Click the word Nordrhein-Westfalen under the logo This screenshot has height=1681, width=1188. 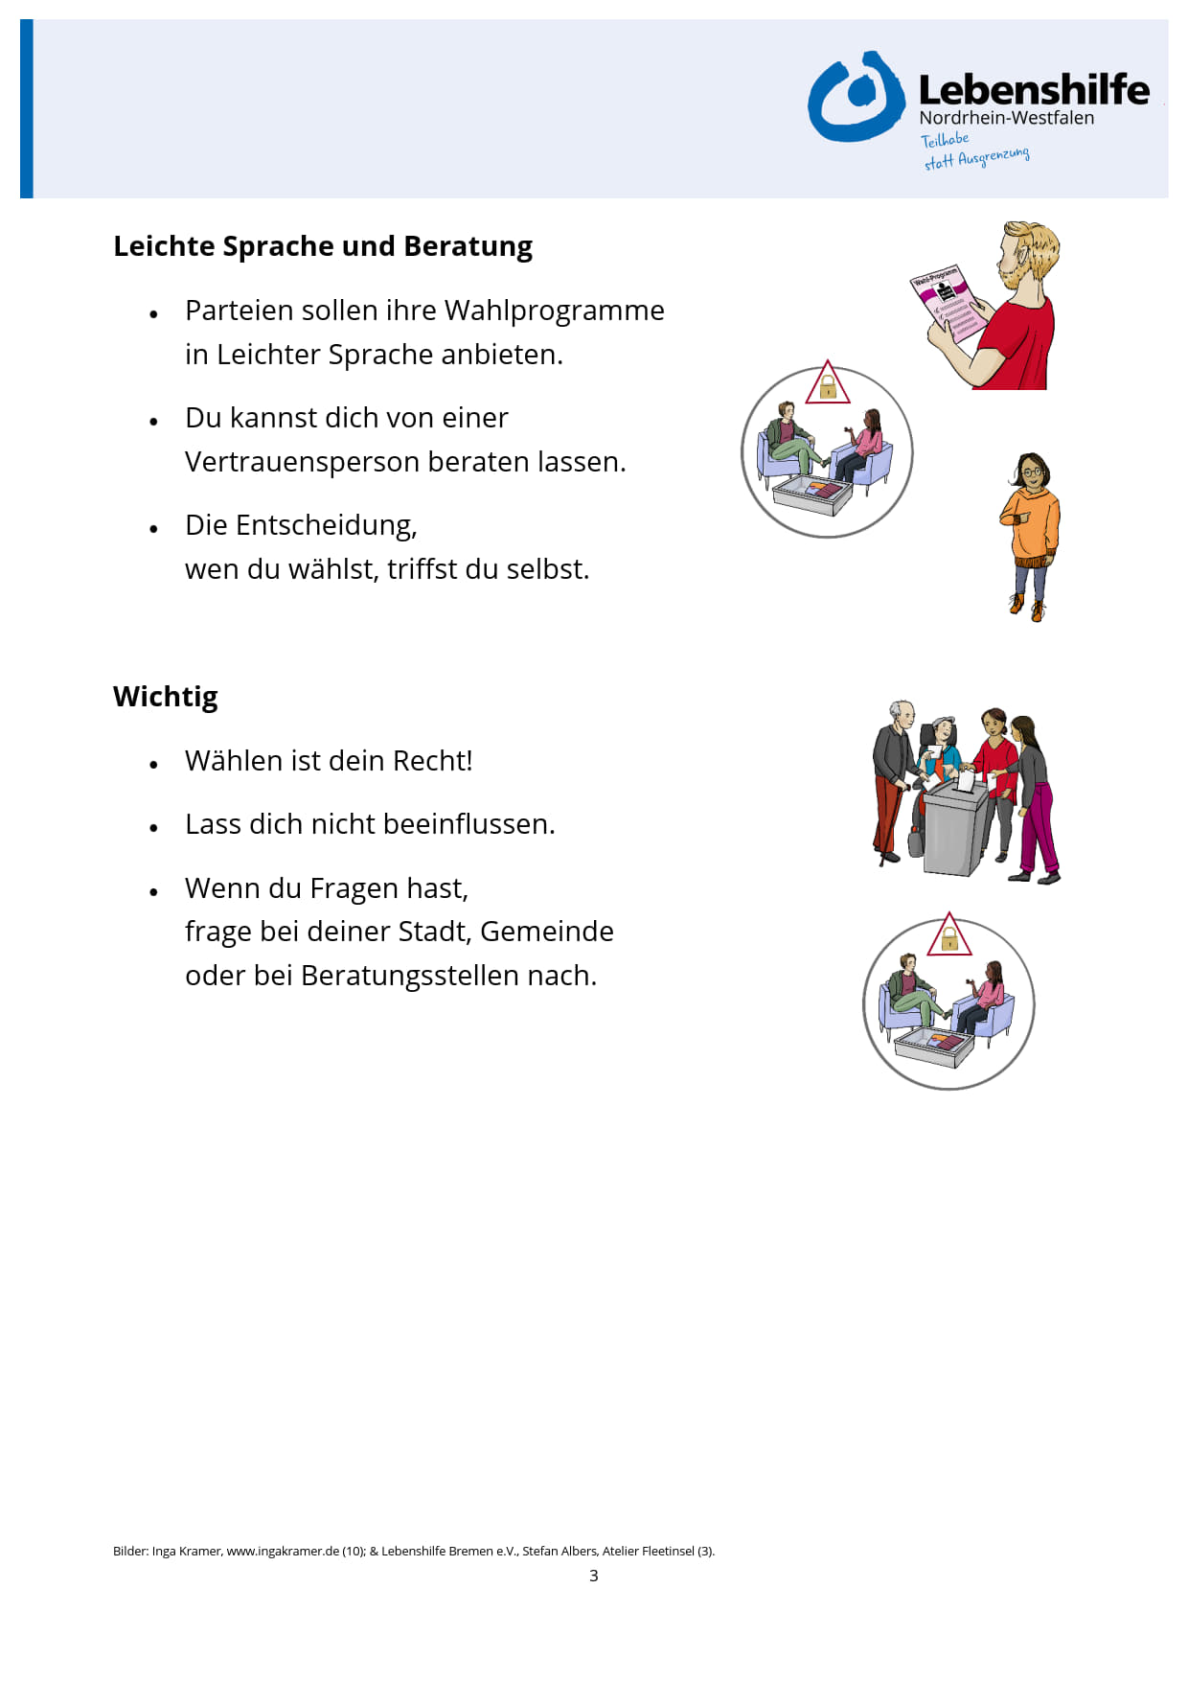1006,118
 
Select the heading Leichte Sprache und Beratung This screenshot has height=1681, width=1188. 323,246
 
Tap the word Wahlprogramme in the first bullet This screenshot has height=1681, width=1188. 554,311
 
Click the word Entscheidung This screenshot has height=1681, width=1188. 326,525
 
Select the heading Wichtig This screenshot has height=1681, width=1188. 166,697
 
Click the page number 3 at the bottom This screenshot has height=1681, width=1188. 594,1576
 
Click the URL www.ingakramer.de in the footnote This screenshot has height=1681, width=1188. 283,1551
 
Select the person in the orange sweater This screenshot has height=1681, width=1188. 1030,532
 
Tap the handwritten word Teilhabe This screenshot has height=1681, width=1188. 945,140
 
